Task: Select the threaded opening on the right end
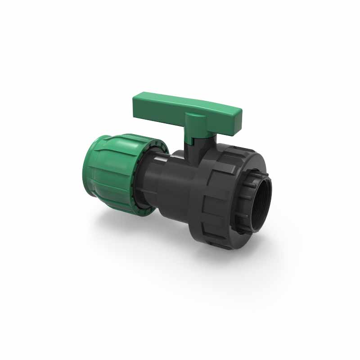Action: tap(261, 205)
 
